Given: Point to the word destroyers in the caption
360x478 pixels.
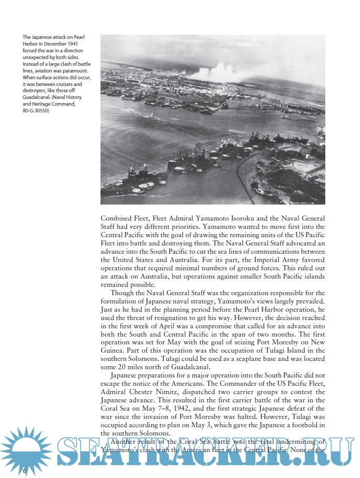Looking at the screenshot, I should (x=36, y=91).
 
